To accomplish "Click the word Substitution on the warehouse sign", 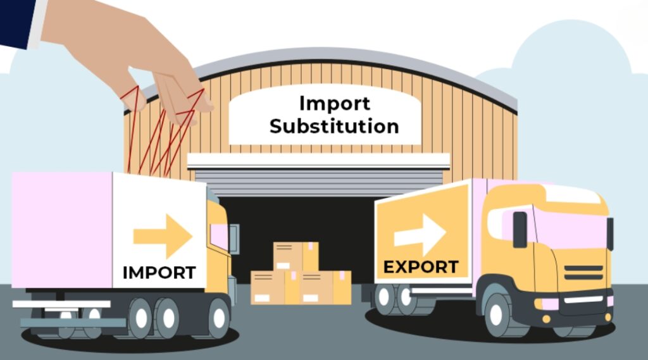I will (x=334, y=126).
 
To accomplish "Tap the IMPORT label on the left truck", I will (x=159, y=273).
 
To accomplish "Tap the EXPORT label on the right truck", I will (x=421, y=267).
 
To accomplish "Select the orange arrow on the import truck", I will (x=163, y=236).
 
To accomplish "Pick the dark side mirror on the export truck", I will (x=520, y=229).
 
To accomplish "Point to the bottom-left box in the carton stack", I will (x=268, y=288).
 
